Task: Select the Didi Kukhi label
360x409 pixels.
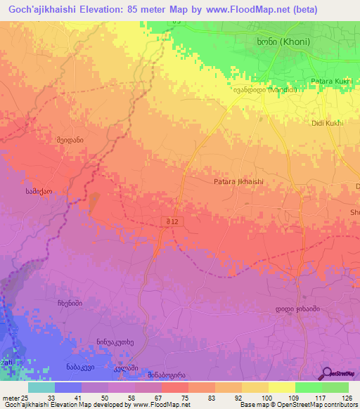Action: [x=327, y=123]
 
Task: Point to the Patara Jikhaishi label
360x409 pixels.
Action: [x=238, y=181]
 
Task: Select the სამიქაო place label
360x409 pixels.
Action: [x=39, y=190]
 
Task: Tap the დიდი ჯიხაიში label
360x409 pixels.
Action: [x=291, y=309]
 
